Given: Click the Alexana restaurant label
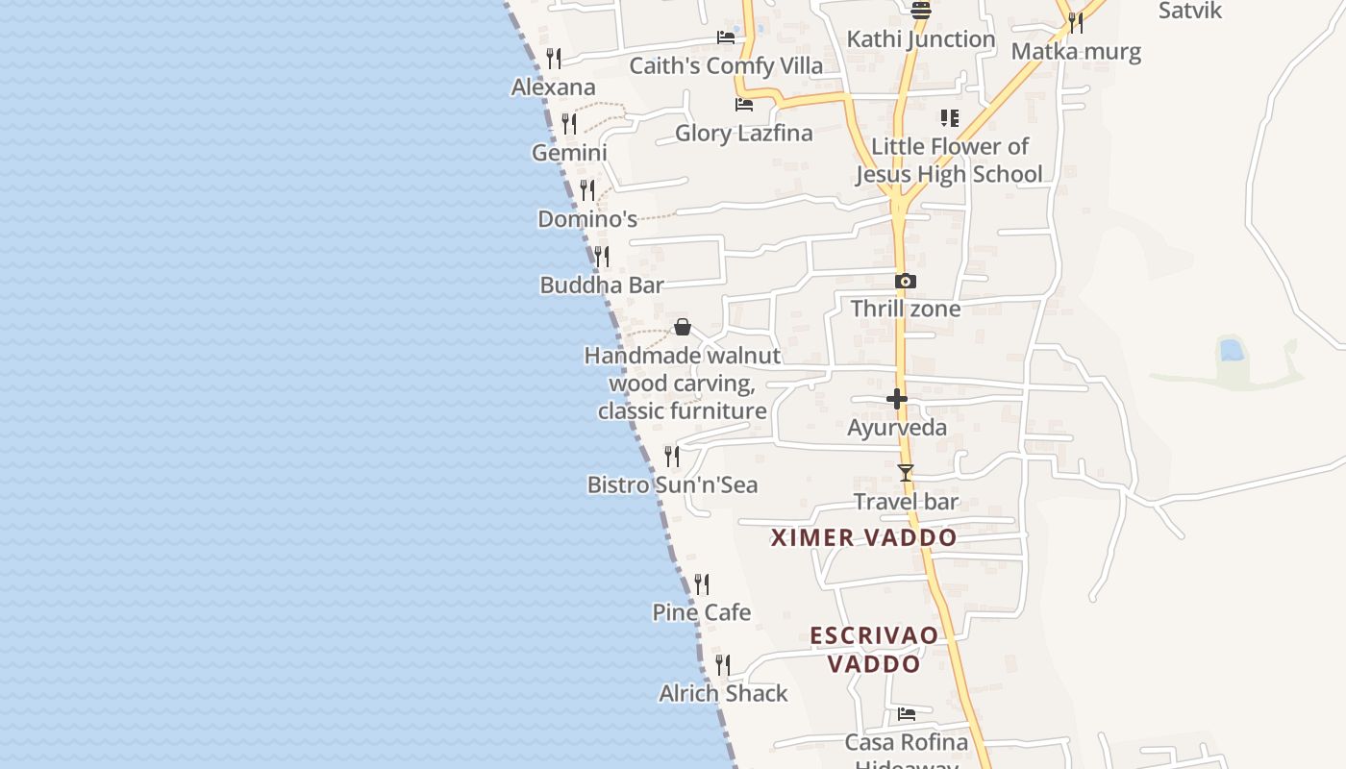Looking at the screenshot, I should click(554, 87).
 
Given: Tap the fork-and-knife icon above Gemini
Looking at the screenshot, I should click(569, 123).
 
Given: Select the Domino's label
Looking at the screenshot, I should click(587, 219).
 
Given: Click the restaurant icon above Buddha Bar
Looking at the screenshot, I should click(602, 256).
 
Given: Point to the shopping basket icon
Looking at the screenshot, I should click(683, 327).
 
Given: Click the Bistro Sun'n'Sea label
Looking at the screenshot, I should click(673, 484).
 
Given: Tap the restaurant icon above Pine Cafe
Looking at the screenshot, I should click(702, 583).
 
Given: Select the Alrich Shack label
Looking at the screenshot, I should click(723, 693).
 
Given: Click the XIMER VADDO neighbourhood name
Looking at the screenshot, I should click(864, 537).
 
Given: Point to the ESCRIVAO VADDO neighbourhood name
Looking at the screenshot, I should click(874, 649).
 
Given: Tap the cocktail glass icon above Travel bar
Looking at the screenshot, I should click(905, 473).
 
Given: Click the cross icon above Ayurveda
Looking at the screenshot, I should click(897, 398).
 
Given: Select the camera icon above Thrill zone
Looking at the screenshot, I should click(905, 282).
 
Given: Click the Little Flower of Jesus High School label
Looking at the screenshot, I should click(950, 161).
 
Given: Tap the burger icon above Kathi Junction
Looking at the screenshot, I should click(921, 11).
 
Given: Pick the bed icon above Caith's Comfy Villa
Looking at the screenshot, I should click(726, 37).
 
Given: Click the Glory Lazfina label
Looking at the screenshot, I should click(744, 133).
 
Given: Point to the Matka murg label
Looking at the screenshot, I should click(1076, 51).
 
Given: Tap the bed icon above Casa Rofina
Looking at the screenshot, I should click(907, 714).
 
